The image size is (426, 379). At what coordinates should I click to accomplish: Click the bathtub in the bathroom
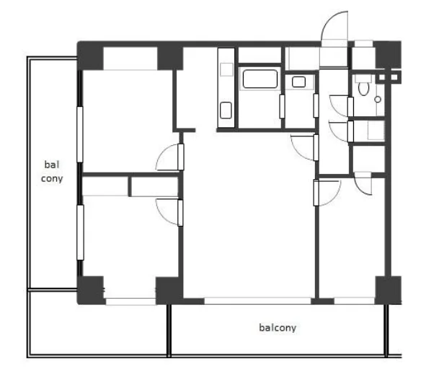point(260,79)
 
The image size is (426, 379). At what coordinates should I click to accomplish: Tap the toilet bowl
point(363,88)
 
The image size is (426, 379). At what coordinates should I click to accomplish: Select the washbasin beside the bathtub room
point(298,82)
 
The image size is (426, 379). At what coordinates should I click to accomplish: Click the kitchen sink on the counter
point(226,110)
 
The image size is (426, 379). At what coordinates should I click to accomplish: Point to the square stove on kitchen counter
point(226,69)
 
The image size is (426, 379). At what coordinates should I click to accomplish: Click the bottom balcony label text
point(278,328)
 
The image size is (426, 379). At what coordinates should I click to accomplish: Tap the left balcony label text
point(52,171)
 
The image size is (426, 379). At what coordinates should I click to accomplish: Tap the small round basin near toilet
point(378,100)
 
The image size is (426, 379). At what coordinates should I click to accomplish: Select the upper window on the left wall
point(80,135)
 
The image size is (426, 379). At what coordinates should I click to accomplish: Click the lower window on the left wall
point(80,232)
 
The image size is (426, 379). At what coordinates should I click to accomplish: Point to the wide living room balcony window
point(257,300)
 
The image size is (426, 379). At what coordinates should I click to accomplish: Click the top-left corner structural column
point(91,56)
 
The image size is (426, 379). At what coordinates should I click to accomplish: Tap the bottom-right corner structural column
point(388,290)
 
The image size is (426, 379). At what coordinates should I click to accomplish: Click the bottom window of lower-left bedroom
point(130,302)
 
